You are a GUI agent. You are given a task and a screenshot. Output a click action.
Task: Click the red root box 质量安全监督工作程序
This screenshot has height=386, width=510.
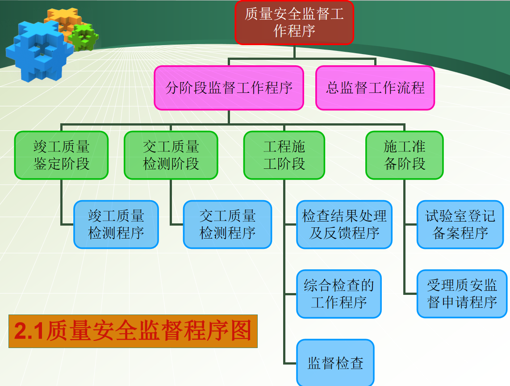pos(294,22)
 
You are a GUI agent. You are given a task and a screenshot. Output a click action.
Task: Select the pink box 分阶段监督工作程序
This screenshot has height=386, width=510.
pos(229,88)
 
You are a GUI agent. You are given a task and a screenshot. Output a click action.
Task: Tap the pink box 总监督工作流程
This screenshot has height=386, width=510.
pos(375,88)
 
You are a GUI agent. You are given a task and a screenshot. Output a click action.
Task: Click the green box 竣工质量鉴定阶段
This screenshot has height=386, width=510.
pos(61,155)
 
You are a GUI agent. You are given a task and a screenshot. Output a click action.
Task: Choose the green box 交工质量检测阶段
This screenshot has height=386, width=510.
pos(171,155)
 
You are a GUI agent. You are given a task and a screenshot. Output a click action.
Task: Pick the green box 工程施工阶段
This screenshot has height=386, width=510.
pos(284,155)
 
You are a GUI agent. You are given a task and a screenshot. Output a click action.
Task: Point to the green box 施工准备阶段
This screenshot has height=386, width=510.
pos(404,155)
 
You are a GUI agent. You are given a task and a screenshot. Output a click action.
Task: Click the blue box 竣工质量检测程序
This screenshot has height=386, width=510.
pos(116,224)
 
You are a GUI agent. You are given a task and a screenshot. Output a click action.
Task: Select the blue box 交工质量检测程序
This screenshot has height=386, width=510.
pos(227,224)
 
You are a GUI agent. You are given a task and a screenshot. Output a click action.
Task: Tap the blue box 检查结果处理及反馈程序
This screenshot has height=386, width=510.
pos(344,224)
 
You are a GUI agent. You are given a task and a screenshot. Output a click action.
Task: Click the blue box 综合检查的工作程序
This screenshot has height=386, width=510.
pos(339,294)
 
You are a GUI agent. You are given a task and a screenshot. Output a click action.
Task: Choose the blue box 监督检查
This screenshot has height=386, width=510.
pos(335,362)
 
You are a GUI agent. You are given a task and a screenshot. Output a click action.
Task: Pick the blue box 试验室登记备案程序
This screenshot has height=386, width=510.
pos(462,224)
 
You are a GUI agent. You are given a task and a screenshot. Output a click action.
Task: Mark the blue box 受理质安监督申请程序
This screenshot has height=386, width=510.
pos(462,294)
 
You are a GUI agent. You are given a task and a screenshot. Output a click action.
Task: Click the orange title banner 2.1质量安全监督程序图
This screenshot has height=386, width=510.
pos(133,331)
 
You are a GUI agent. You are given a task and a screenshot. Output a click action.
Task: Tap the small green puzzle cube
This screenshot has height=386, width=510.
pos(84,37)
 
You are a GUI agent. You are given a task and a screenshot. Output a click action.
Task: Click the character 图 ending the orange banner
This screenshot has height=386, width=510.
pos(241,331)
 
